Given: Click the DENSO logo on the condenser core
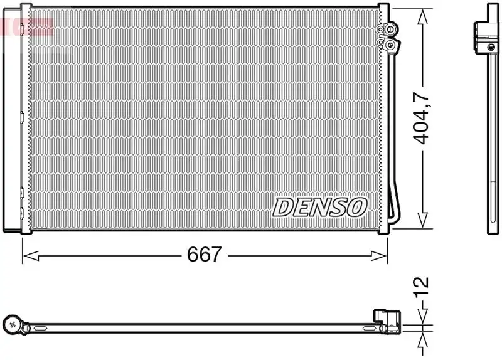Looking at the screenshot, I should (x=320, y=206).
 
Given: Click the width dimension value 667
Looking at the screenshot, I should (x=205, y=255).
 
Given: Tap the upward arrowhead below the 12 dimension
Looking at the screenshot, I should (x=424, y=337).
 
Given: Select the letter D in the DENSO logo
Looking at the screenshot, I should (x=282, y=206).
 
